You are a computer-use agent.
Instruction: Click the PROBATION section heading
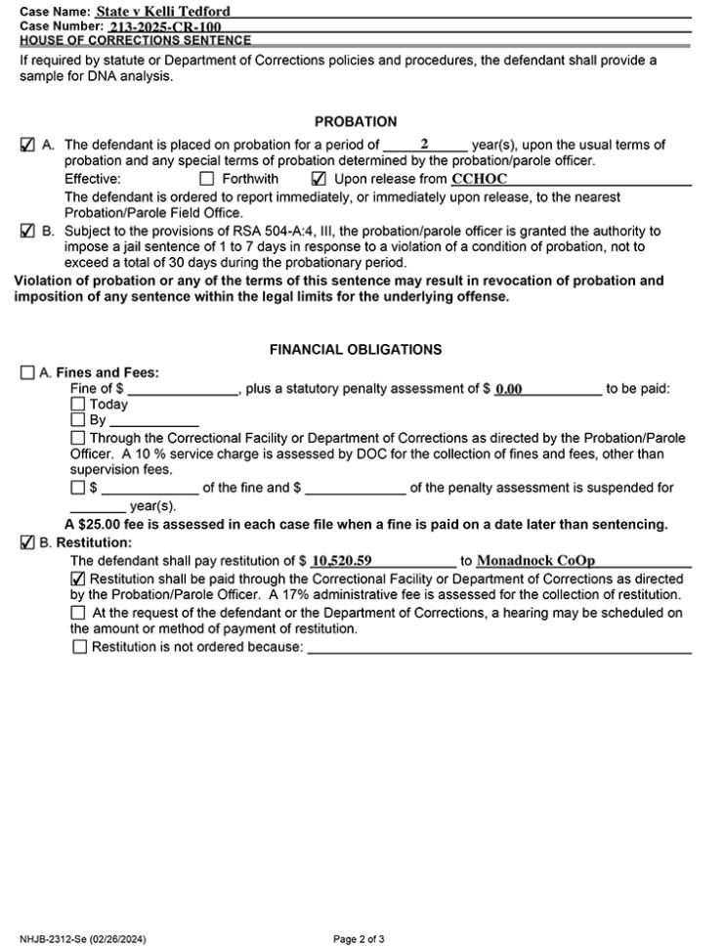point(356,122)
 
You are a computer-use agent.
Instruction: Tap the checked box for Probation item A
point(27,146)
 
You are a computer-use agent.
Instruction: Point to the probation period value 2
point(424,144)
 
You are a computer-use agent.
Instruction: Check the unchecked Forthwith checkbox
point(206,180)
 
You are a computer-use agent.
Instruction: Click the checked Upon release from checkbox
point(319,180)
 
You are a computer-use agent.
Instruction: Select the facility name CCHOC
point(479,180)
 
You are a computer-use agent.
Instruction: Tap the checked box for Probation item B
point(27,233)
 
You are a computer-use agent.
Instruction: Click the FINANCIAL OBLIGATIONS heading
point(356,350)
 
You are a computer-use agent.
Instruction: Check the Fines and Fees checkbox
point(27,373)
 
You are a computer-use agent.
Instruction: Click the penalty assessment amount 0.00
point(508,389)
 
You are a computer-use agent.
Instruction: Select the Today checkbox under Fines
point(77,405)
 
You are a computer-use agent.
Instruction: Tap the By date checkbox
point(77,420)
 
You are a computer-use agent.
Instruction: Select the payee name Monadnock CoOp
point(535,561)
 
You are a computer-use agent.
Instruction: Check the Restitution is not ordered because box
point(79,647)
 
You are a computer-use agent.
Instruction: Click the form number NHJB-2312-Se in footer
point(83,939)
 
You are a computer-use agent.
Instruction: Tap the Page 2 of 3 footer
point(359,939)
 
